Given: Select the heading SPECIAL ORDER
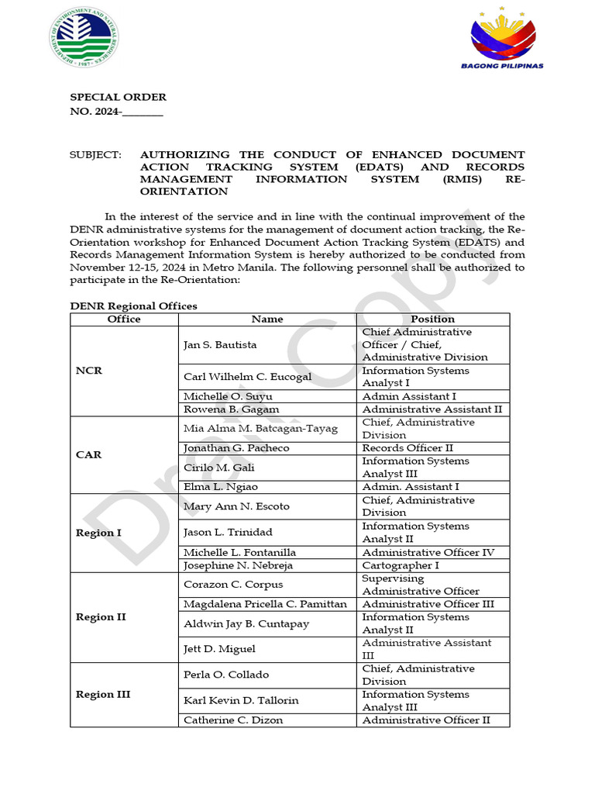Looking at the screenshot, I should [118, 97].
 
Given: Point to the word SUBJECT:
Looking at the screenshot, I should [96, 155].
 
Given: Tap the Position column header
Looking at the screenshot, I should [433, 319].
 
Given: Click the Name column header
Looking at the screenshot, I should [267, 319].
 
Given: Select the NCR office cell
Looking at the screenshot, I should [89, 371].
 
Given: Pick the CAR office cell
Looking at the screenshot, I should [89, 454].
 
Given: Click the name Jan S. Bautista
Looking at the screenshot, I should [220, 344].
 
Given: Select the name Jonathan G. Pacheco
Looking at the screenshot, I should [236, 448].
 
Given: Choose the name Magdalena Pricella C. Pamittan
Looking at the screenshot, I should [265, 604].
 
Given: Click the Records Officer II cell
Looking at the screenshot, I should [408, 448].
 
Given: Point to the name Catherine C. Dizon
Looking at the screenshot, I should [233, 720].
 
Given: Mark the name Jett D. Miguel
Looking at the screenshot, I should [219, 649].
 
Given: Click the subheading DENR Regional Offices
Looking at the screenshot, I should [133, 306].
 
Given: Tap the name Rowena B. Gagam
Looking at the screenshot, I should [231, 409].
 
